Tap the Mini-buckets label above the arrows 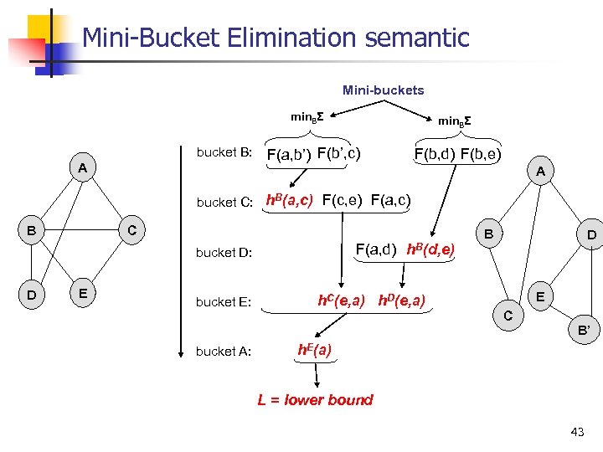(x=383, y=90)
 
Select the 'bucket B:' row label (x=224, y=152)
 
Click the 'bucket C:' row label (x=224, y=202)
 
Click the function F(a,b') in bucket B (x=288, y=154)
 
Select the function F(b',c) (x=339, y=153)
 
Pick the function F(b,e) (x=481, y=153)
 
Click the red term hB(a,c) (x=290, y=200)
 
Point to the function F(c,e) (x=343, y=200)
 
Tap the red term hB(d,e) (x=430, y=249)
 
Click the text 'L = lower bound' (x=315, y=399)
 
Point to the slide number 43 (x=576, y=432)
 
